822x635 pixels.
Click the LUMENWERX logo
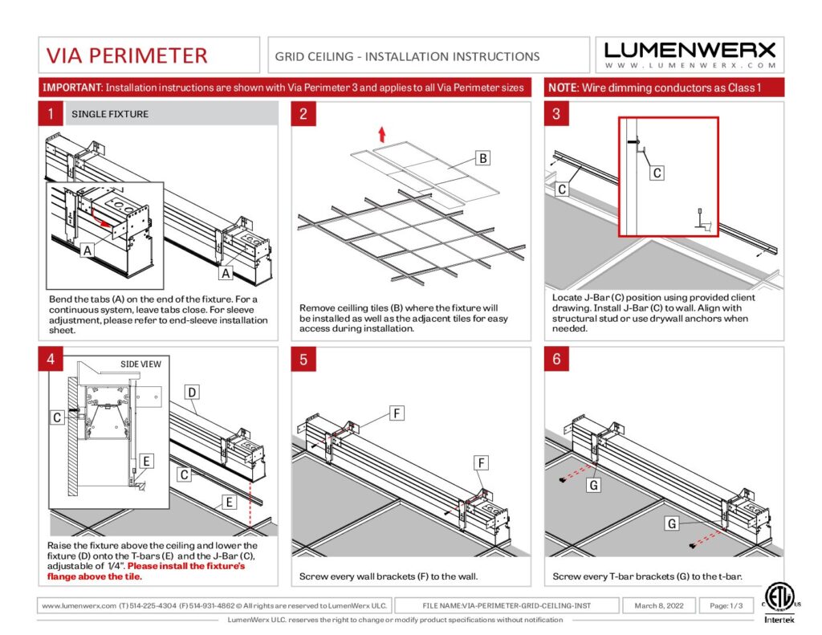tap(690, 54)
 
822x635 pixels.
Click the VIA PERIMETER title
tap(127, 55)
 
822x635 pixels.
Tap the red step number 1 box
tap(50, 114)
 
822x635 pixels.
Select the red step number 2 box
tap(303, 114)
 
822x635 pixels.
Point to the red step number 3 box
tap(556, 114)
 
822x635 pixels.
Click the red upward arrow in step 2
tap(382, 133)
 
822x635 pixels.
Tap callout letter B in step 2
tap(482, 159)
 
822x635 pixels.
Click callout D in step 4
tap(192, 393)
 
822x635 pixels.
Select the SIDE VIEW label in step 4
tap(140, 364)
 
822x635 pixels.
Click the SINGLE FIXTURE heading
tap(110, 114)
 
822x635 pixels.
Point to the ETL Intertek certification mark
tap(775, 602)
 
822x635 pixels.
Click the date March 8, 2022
tap(658, 605)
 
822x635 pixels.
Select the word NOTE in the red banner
tap(562, 87)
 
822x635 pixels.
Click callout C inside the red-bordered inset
tap(657, 173)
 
